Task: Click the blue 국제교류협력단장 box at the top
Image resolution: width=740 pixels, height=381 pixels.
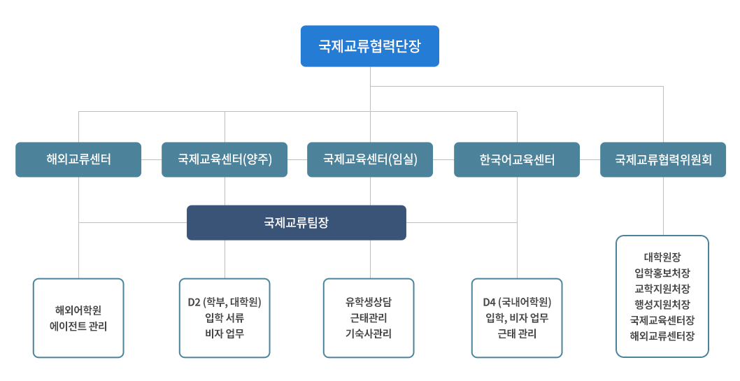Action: tap(369, 46)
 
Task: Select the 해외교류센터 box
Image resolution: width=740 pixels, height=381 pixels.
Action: tap(78, 159)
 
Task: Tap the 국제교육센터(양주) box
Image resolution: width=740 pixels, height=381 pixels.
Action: tap(225, 159)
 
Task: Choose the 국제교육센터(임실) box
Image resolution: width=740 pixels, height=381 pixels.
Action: tap(370, 159)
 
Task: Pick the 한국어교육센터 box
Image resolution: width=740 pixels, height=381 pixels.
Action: tap(517, 159)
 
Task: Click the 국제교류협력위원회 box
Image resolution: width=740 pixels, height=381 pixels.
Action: tap(663, 159)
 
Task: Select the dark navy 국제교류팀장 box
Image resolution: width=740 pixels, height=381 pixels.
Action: tap(296, 222)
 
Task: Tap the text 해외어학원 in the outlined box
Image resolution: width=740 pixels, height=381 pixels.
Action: tap(78, 310)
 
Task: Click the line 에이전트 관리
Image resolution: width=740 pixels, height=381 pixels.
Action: tap(78, 326)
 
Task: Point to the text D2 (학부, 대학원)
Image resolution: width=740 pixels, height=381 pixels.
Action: tap(225, 302)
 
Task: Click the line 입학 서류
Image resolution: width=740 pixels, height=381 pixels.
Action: tap(225, 318)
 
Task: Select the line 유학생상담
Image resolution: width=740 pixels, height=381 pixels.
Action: tap(369, 302)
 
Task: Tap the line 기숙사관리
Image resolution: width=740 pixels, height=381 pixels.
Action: tap(369, 333)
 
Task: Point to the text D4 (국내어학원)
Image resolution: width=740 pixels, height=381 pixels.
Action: tap(517, 302)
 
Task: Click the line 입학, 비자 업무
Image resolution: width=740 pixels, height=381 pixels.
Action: tap(517, 318)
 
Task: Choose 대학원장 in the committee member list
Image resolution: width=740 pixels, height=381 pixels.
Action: tap(662, 257)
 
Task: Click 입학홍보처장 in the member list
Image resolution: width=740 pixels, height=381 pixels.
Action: tap(662, 273)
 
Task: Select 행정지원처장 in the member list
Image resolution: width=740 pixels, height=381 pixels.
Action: tap(662, 304)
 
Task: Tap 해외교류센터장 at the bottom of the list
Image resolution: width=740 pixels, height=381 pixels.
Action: tap(662, 336)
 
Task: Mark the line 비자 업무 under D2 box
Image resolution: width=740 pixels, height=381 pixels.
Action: tap(225, 333)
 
